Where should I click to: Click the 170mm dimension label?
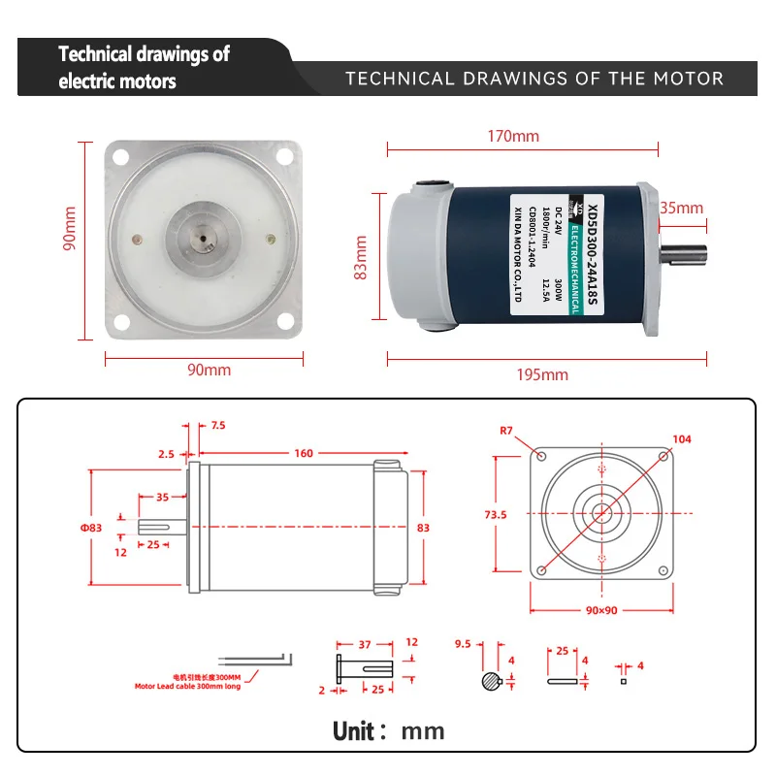513,136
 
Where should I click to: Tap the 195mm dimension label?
541,374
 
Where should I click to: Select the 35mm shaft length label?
681,208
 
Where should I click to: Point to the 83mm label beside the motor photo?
362,257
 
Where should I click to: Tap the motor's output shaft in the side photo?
687,256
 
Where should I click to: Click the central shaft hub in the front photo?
204,241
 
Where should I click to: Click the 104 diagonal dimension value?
682,439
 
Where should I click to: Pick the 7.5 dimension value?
217,425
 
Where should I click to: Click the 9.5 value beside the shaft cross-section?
463,643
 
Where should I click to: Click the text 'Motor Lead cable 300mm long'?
187,686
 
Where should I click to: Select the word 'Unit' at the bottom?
360,729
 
